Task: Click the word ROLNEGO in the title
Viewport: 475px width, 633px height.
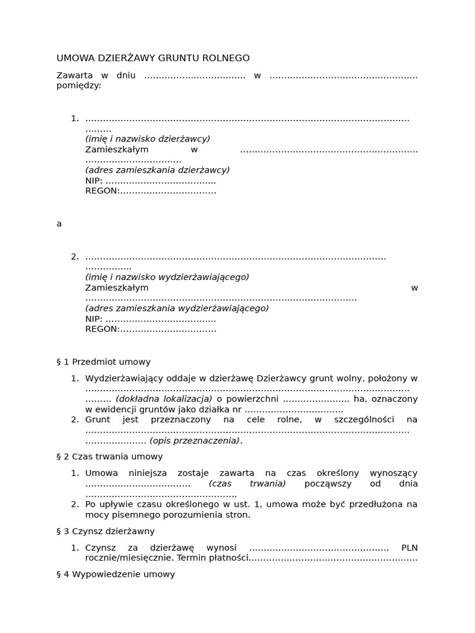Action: click(x=226, y=58)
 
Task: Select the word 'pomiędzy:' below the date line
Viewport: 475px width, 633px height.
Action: click(x=79, y=86)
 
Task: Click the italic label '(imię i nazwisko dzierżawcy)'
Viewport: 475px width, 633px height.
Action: click(x=147, y=139)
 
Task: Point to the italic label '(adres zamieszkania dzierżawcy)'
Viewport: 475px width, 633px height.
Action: click(x=157, y=170)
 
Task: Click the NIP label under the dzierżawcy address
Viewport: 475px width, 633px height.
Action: click(x=94, y=181)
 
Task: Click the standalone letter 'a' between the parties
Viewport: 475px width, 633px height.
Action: click(x=59, y=224)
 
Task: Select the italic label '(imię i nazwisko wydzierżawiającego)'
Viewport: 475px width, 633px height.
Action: click(x=167, y=277)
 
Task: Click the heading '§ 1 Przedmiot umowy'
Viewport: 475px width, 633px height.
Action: click(x=103, y=362)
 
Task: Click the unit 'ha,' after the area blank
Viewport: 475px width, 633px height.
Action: click(x=360, y=399)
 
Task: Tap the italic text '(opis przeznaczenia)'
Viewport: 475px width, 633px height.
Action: click(x=195, y=441)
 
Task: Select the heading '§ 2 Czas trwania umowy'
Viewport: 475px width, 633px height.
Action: click(x=109, y=456)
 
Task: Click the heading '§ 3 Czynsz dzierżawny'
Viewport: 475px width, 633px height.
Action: click(x=105, y=531)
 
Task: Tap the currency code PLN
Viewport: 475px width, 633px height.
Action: click(x=409, y=547)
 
